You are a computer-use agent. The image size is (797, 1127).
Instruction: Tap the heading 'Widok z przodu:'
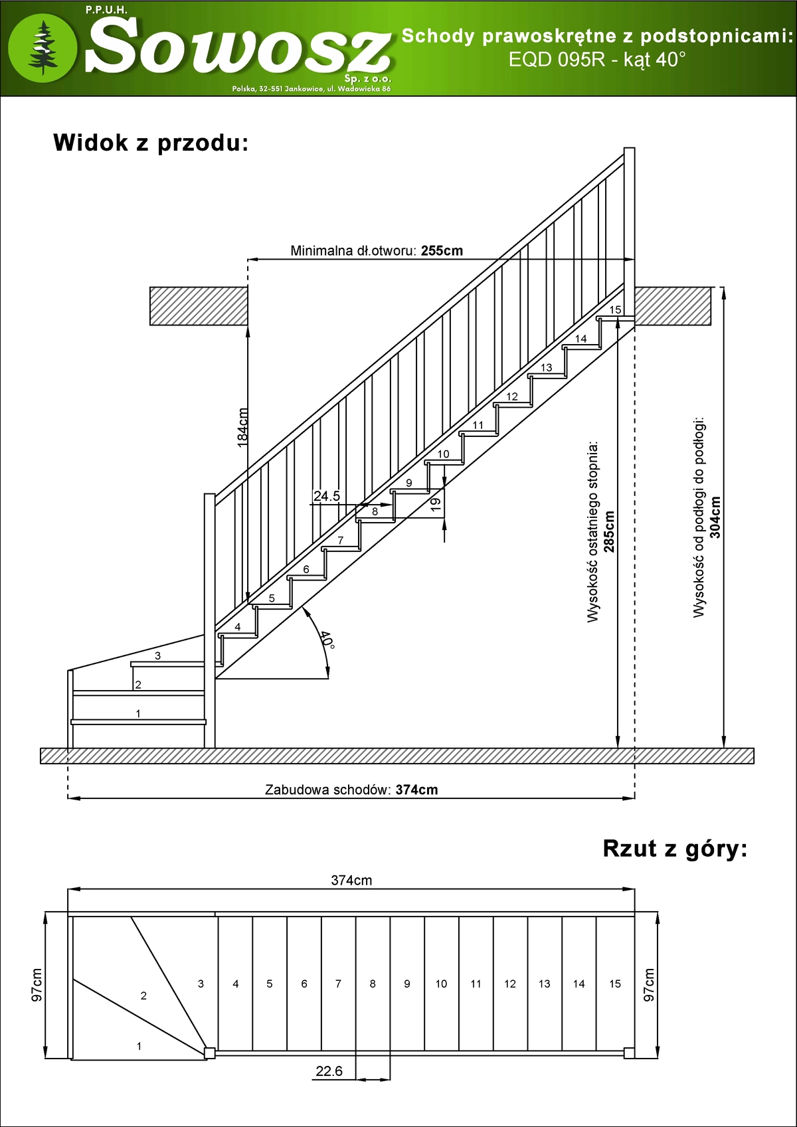(151, 143)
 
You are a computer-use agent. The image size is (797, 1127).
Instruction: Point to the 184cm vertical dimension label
(243, 427)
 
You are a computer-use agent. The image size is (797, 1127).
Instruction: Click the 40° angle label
(326, 640)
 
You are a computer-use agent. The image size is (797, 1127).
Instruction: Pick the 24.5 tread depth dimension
(326, 496)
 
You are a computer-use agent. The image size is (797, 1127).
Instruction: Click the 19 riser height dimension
(436, 504)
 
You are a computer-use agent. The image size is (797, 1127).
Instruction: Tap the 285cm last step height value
(609, 532)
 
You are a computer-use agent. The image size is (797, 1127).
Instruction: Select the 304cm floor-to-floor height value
(715, 517)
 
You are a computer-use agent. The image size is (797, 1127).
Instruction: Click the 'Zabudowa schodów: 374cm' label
(351, 790)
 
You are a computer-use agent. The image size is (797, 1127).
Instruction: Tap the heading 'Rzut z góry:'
(675, 849)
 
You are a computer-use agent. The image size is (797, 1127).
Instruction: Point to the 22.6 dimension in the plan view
(329, 1071)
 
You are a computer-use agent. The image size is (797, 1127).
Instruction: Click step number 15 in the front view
(615, 309)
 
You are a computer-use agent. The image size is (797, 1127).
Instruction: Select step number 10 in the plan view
(441, 984)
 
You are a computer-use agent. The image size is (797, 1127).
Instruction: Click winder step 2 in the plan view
(143, 996)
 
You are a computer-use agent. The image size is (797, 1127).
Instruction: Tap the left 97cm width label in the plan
(37, 985)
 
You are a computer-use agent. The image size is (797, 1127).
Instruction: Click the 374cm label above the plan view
(351, 881)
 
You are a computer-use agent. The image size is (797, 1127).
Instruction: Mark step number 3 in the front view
(157, 655)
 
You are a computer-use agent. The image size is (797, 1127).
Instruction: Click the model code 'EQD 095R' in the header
(557, 60)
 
